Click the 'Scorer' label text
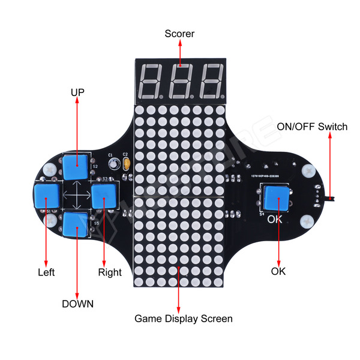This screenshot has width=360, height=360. [x=179, y=34]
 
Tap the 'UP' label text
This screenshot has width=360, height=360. [x=77, y=92]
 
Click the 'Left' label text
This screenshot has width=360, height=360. [x=46, y=272]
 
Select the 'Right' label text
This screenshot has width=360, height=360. [x=109, y=272]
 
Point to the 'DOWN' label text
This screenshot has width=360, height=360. [x=77, y=304]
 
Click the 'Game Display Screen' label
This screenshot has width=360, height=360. [x=183, y=319]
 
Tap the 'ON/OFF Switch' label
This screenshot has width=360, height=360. [x=312, y=127]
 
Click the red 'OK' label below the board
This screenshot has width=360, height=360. [x=278, y=271]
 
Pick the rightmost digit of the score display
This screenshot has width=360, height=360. [x=211, y=82]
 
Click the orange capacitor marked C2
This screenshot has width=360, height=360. [x=125, y=163]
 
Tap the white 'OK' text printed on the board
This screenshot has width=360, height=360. [x=274, y=219]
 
